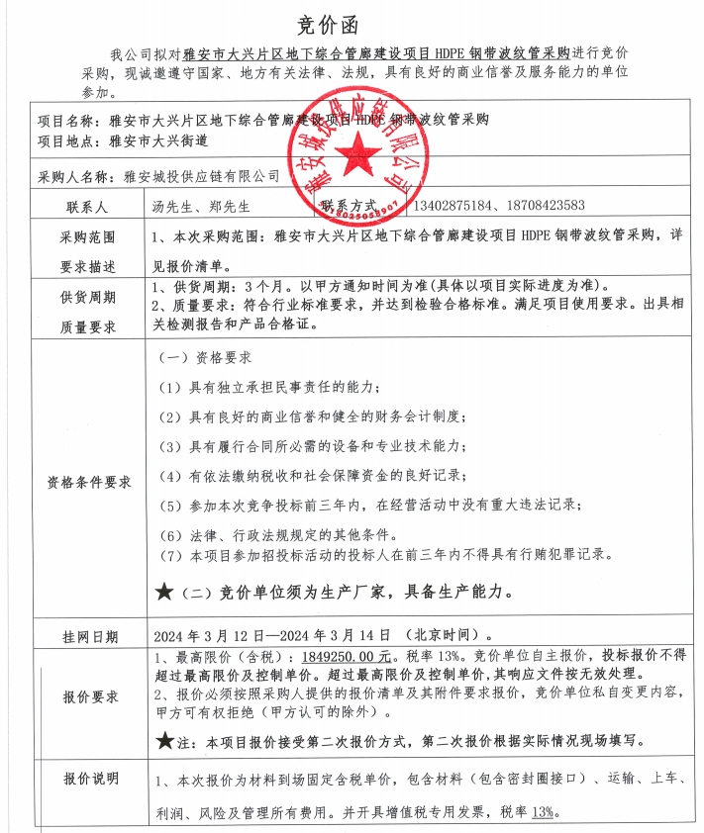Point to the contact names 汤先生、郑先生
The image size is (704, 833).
(x=202, y=207)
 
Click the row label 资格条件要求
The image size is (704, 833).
(x=88, y=483)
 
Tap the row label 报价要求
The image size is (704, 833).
(x=88, y=696)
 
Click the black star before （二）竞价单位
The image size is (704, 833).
(x=164, y=593)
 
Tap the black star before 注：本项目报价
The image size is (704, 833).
(x=164, y=740)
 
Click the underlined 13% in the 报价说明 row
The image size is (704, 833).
(x=542, y=812)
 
